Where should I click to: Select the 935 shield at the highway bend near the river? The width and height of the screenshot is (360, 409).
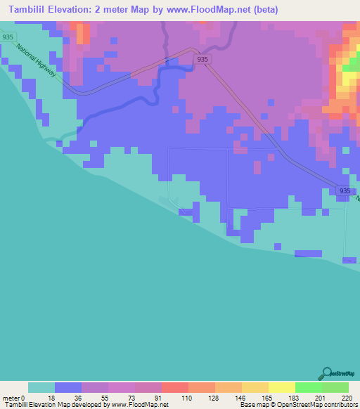coord(202,60)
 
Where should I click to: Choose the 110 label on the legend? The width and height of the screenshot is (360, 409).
coord(188,398)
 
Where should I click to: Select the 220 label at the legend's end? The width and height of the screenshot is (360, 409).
coord(344,398)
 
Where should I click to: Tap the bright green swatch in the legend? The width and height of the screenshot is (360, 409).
coord(308,387)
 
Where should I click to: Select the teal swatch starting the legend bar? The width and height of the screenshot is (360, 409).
coord(41,387)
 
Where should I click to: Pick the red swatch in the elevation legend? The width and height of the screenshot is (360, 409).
coord(175,387)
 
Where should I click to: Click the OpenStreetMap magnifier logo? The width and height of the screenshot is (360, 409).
coord(326,374)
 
